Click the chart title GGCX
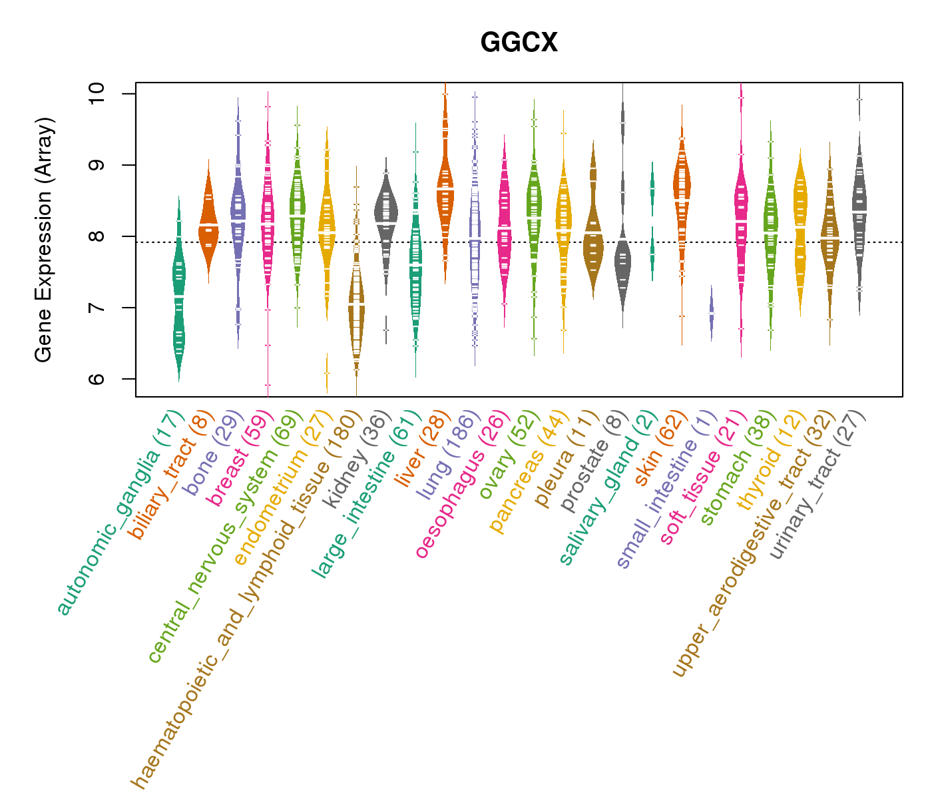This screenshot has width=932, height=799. coord(519,43)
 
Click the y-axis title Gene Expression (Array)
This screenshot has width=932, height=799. coord(44,240)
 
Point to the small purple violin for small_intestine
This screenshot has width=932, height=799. coord(711,313)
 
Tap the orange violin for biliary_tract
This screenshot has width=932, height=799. coord(208,220)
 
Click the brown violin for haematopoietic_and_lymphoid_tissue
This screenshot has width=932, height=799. coord(356,306)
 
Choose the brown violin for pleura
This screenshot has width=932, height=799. coord(592,233)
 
